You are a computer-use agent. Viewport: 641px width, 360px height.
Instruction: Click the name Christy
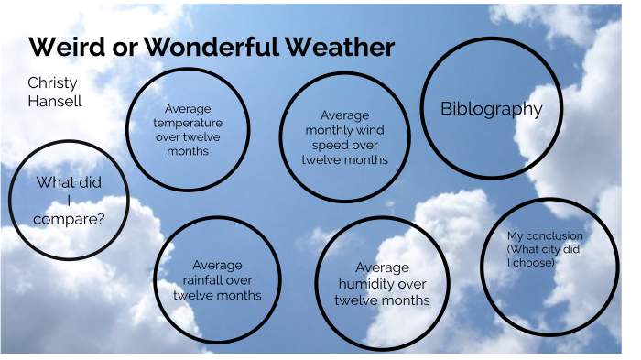52,83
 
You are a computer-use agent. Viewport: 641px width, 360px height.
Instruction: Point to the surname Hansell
54,101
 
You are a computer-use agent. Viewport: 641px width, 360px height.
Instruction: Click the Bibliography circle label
491,109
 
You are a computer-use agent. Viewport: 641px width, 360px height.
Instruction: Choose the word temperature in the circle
189,122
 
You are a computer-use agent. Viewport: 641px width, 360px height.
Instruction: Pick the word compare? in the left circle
68,219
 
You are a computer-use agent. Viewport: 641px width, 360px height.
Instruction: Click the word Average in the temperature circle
189,107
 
